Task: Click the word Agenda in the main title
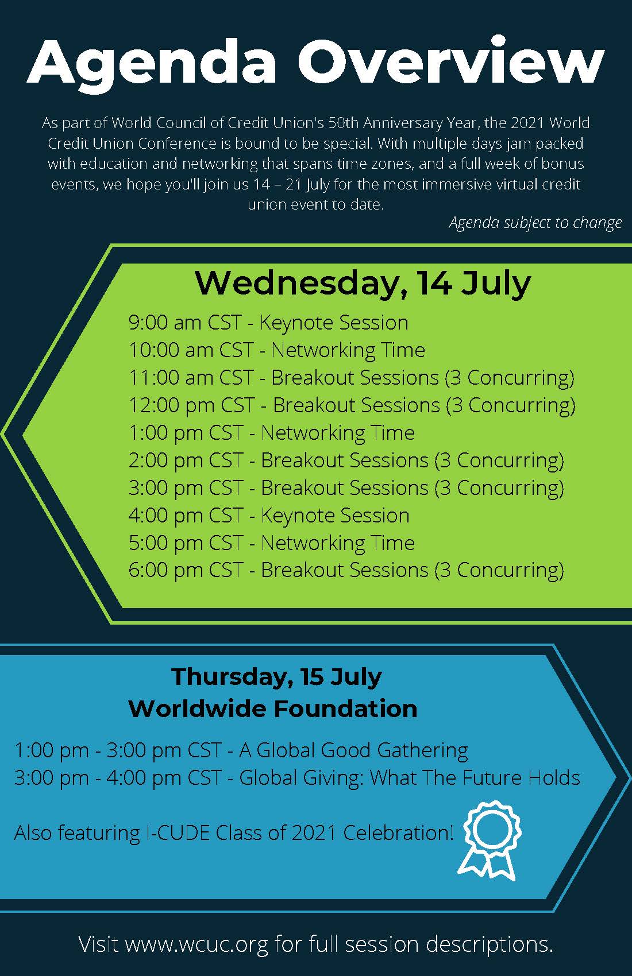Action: (x=152, y=65)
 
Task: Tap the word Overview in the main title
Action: (x=451, y=61)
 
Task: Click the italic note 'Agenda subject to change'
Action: (x=535, y=223)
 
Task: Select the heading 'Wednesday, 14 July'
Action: (x=363, y=284)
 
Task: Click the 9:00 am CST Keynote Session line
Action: (x=268, y=323)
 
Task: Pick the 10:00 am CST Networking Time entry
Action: (x=276, y=350)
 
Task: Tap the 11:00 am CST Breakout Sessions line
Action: (x=351, y=378)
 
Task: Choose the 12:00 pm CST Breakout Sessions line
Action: (x=352, y=405)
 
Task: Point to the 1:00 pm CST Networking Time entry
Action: (x=271, y=433)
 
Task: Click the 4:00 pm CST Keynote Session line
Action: (x=269, y=516)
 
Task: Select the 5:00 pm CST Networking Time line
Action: (x=271, y=543)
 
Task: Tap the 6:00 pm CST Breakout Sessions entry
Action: (x=346, y=570)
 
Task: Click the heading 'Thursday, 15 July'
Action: (x=276, y=677)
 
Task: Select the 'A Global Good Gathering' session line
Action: (x=241, y=750)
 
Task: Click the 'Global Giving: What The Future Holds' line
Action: (x=297, y=778)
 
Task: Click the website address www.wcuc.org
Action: (x=196, y=944)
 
